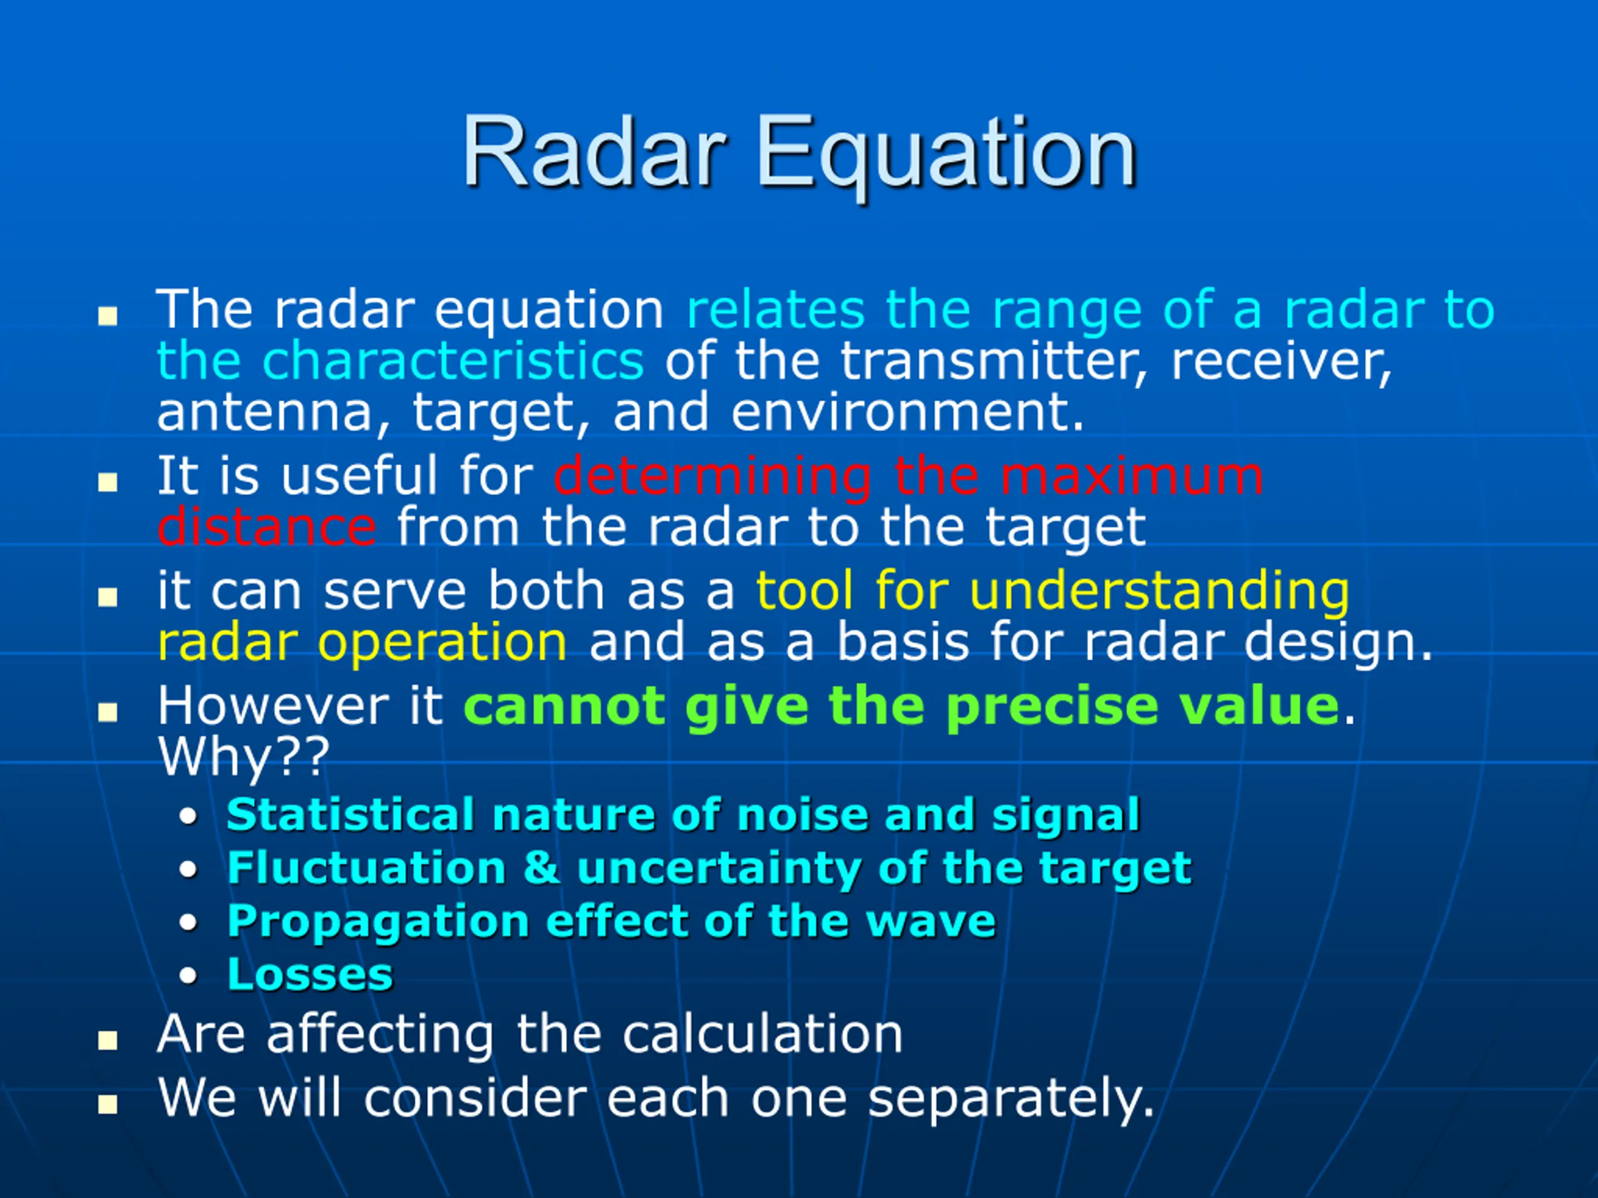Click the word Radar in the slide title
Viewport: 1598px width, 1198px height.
click(x=594, y=151)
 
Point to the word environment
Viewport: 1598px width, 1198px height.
click(x=908, y=412)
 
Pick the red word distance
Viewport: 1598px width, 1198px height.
click(x=267, y=527)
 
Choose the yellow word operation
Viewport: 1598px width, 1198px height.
click(x=442, y=643)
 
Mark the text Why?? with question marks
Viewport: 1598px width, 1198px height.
click(x=243, y=757)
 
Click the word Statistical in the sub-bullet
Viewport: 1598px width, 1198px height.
click(x=350, y=816)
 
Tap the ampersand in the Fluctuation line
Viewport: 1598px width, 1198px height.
click(x=541, y=867)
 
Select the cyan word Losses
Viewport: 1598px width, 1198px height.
click(x=310, y=974)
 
